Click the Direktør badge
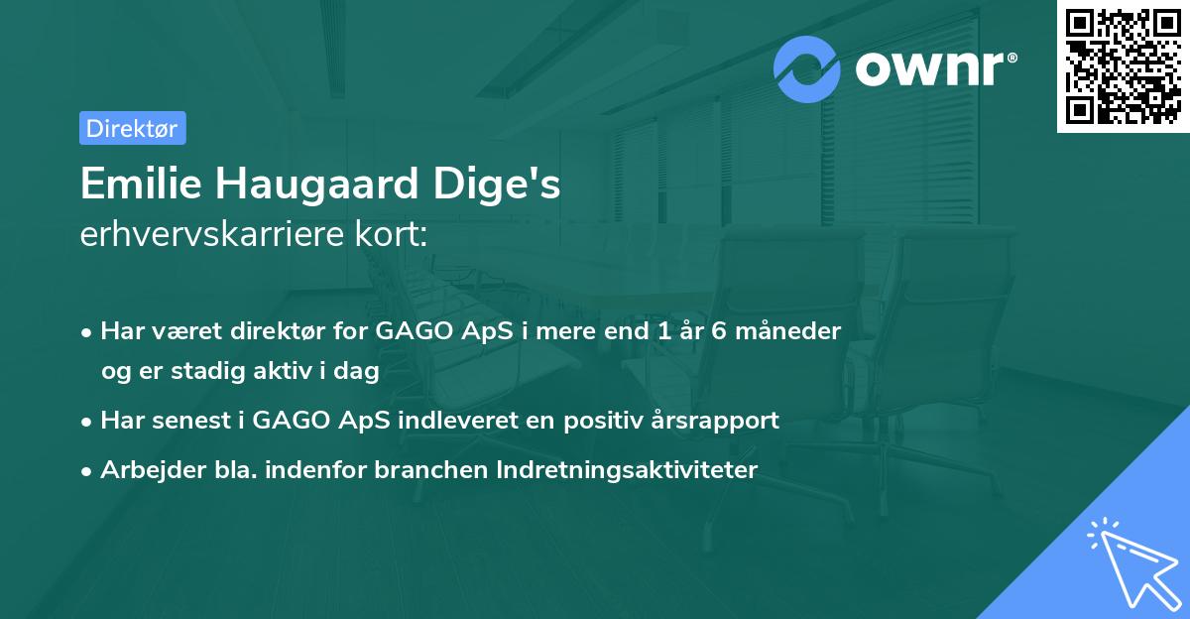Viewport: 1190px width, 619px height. coord(132,128)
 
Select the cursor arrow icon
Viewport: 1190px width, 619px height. coord(1133,563)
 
